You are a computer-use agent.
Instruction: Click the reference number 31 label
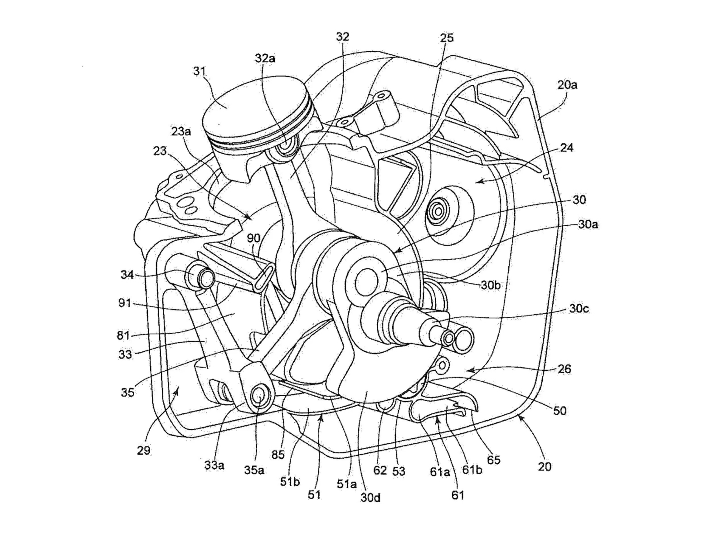[200, 71]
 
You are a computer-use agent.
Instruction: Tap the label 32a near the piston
[265, 58]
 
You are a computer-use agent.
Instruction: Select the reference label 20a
[567, 85]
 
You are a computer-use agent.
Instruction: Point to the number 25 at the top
[447, 38]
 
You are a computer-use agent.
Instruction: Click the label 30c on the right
[579, 309]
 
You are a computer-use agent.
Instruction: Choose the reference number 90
[253, 238]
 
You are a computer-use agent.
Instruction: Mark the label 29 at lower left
[143, 450]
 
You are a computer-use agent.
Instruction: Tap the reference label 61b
[472, 470]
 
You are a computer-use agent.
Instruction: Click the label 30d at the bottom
[370, 497]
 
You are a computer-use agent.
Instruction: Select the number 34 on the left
[127, 274]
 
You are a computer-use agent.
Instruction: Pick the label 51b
[290, 481]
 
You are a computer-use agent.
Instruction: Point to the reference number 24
[567, 148]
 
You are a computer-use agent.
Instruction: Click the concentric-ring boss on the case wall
[438, 212]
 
